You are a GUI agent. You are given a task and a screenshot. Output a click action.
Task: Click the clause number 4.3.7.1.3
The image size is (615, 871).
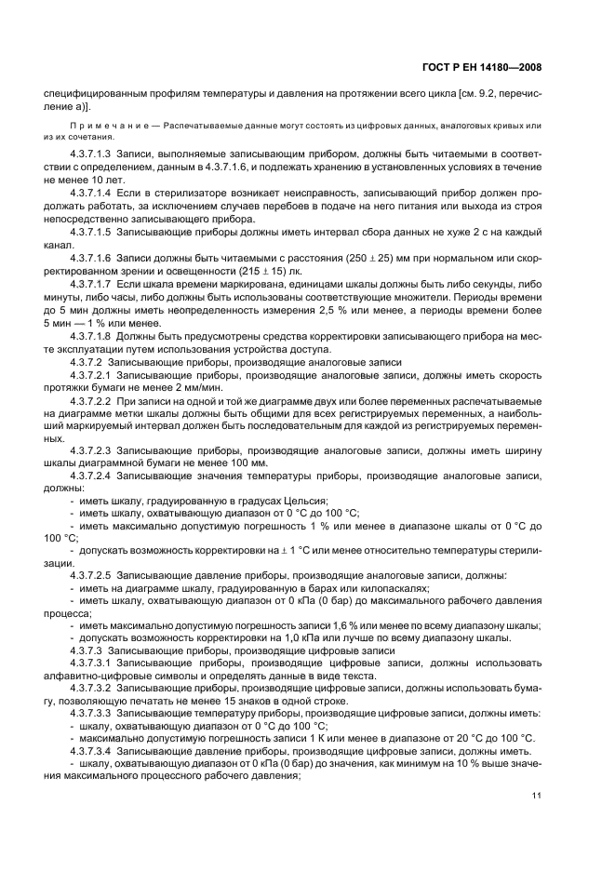90,152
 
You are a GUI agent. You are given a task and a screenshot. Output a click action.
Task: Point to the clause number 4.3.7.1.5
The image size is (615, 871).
90,232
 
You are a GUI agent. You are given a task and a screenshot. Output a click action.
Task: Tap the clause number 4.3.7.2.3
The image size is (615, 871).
90,449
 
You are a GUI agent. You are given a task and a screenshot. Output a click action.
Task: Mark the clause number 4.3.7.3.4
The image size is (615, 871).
90,749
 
